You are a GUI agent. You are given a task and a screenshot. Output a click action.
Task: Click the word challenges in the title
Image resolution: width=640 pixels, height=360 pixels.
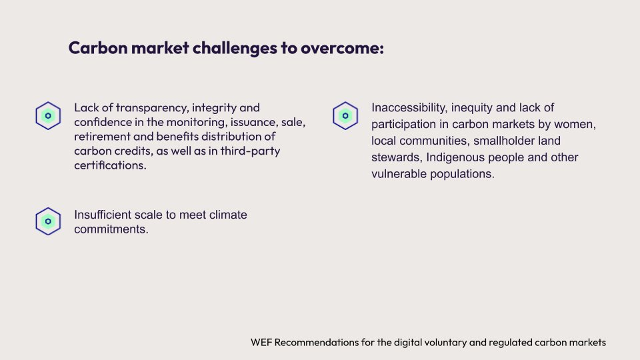click(235, 49)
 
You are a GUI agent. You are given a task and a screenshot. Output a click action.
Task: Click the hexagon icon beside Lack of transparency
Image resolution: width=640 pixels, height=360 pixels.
click(48, 116)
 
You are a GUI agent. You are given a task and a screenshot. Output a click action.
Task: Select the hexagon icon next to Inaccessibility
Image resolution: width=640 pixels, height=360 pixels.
click(345, 116)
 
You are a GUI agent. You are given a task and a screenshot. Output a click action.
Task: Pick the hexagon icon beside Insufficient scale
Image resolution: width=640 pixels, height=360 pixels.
click(48, 221)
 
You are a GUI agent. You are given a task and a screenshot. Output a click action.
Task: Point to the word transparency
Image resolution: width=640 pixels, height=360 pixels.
click(152, 108)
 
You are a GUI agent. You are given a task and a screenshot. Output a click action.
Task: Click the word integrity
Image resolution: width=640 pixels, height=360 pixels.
click(214, 108)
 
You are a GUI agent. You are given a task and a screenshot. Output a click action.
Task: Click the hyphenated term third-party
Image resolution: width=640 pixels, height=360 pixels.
click(250, 151)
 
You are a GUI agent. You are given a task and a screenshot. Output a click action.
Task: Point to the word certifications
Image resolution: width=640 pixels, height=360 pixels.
click(110, 165)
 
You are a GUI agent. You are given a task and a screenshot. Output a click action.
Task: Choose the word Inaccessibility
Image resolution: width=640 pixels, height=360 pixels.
click(409, 108)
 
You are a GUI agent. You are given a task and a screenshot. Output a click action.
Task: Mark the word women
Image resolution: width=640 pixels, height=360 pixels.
click(575, 124)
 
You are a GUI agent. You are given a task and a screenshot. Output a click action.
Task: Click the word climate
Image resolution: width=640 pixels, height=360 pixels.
click(228, 215)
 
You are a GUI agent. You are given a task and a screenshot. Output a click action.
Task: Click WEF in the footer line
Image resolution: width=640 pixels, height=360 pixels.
click(261, 342)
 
